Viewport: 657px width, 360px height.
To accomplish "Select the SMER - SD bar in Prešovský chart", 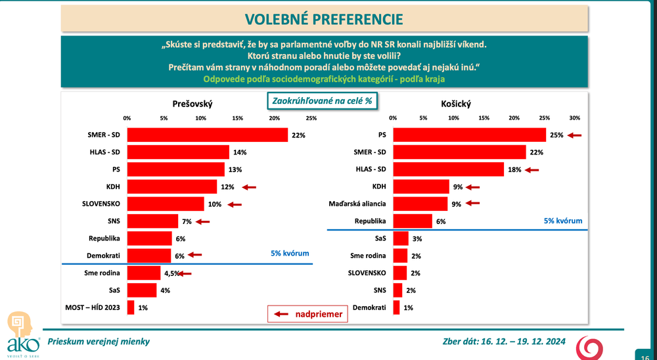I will pyautogui.click(x=207, y=135).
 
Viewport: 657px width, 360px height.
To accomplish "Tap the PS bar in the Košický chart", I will pyautogui.click(x=469, y=135).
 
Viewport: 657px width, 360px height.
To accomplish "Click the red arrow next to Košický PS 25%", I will pyautogui.click(x=575, y=135).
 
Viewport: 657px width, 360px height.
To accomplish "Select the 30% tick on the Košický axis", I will pyautogui.click(x=574, y=118).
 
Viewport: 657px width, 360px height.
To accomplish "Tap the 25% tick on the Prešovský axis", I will pyautogui.click(x=311, y=118).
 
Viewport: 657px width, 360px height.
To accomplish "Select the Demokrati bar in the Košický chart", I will pyautogui.click(x=396, y=307).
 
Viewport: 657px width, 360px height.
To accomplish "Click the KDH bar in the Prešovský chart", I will pyautogui.click(x=171, y=187).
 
